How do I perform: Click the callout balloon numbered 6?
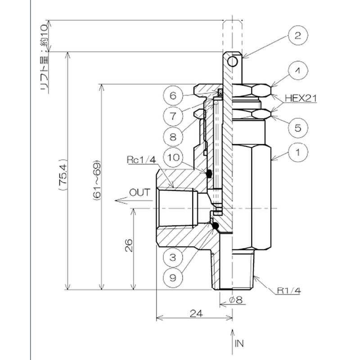[174, 96]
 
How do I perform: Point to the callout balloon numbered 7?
[174, 115]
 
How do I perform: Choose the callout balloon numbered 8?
[174, 135]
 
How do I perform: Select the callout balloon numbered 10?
[174, 157]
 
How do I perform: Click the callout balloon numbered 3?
[174, 258]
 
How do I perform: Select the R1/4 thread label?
[288, 291]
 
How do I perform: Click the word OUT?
[139, 193]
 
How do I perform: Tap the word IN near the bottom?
[239, 343]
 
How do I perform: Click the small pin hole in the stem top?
[233, 62]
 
